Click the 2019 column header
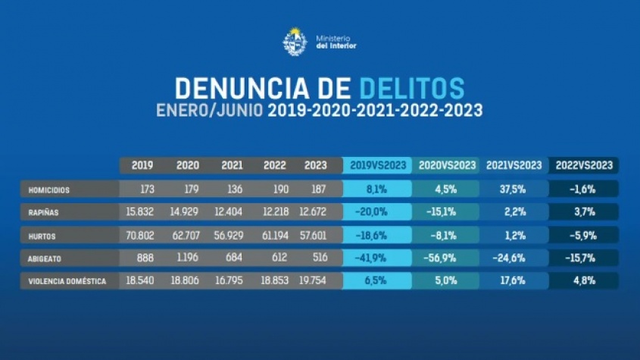click(x=142, y=165)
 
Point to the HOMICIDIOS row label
click(x=49, y=189)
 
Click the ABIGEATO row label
click(x=45, y=258)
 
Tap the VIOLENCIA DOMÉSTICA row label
click(x=67, y=281)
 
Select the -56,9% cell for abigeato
click(x=445, y=258)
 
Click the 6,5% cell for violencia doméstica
click(x=376, y=281)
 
